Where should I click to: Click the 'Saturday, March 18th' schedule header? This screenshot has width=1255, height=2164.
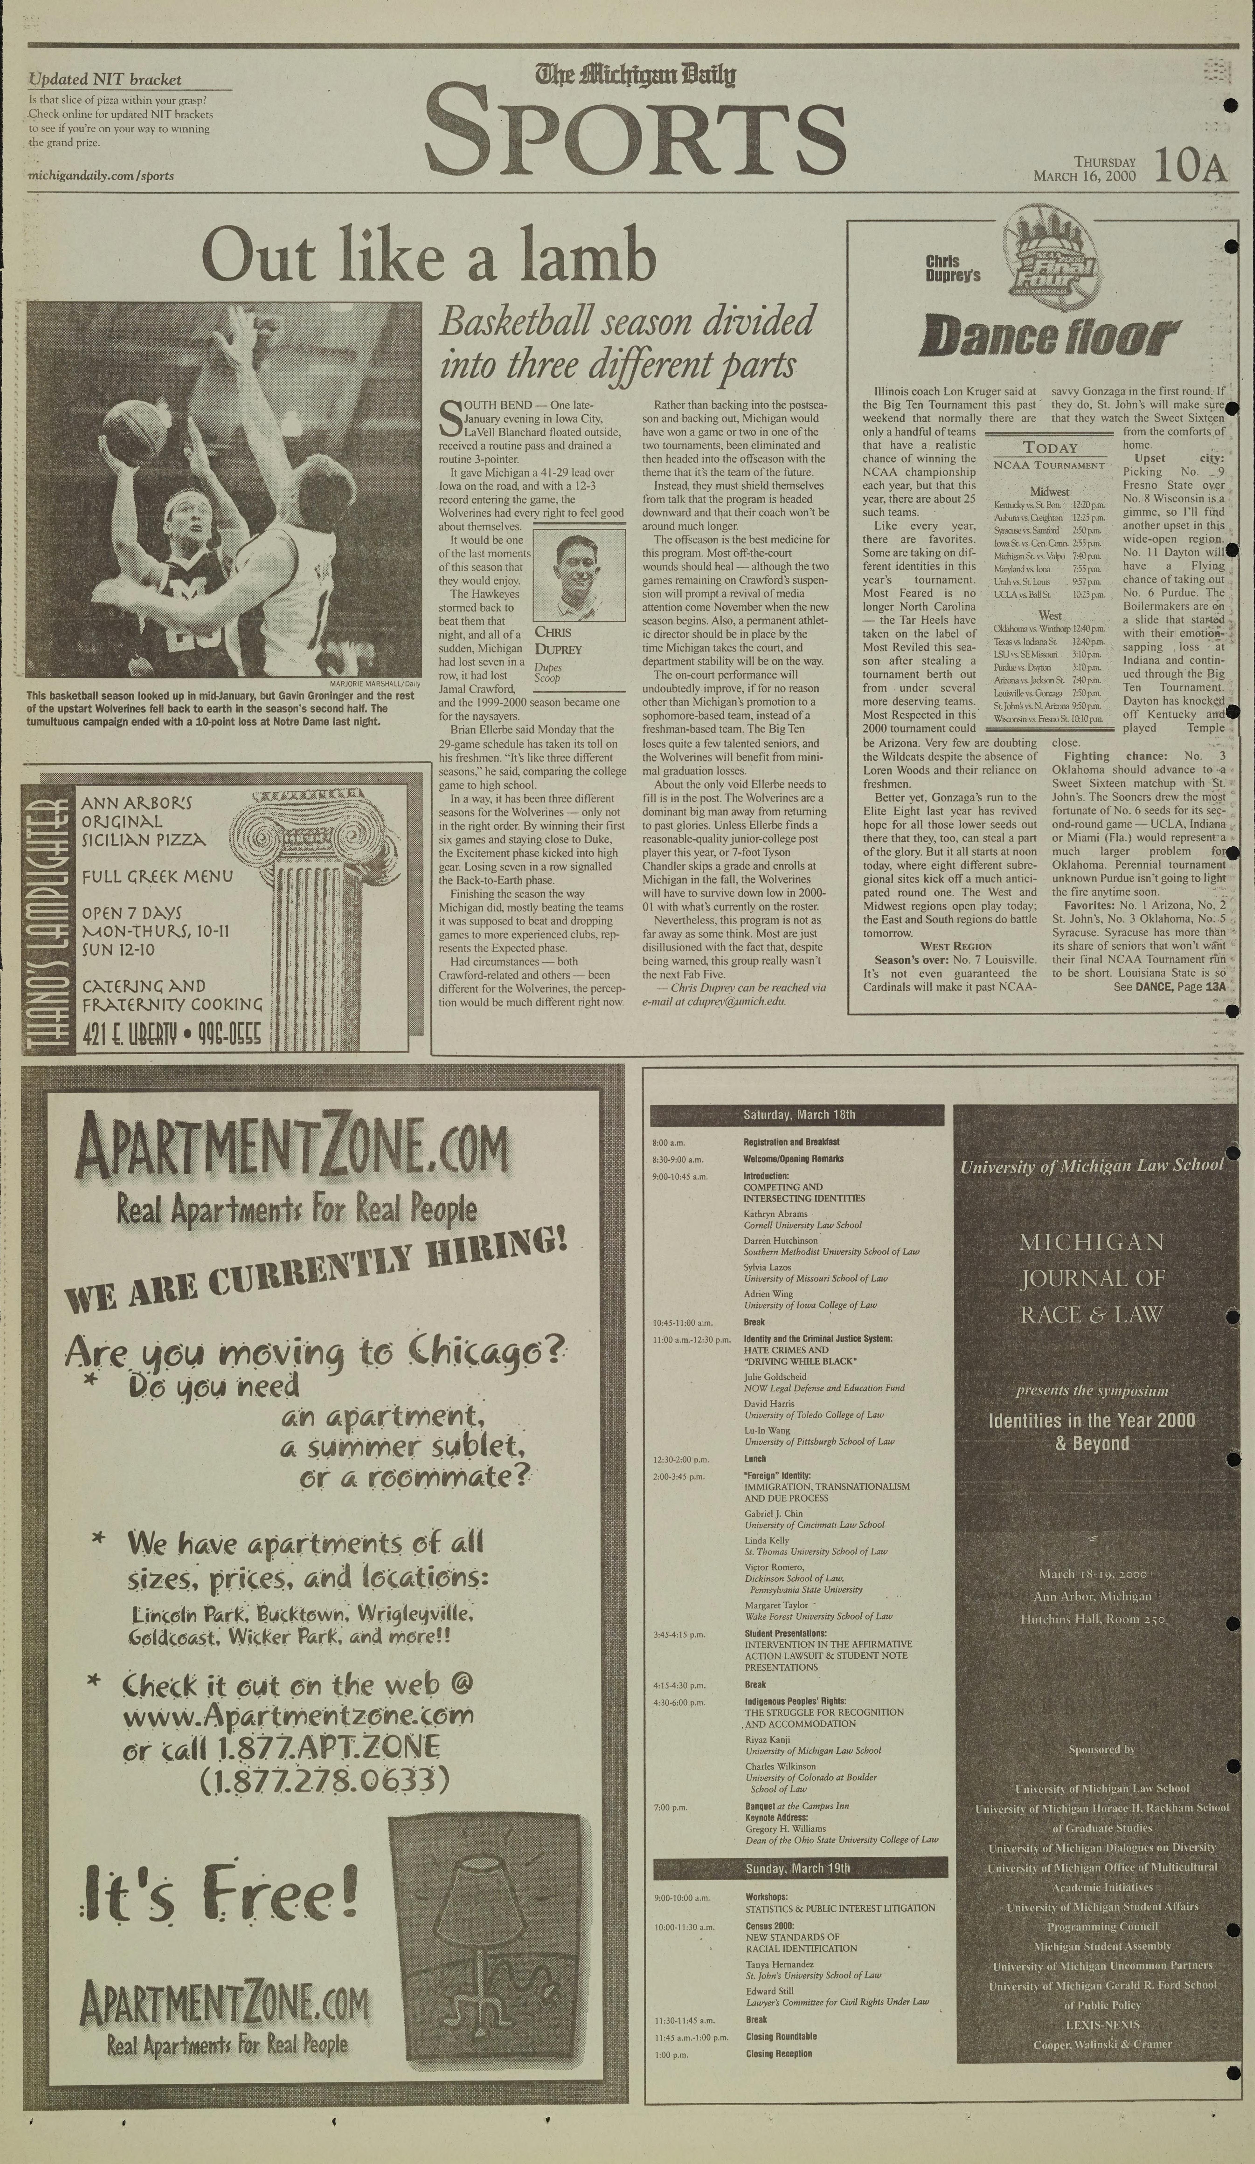pos(798,1115)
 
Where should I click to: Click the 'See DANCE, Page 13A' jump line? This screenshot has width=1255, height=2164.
pos(1169,988)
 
